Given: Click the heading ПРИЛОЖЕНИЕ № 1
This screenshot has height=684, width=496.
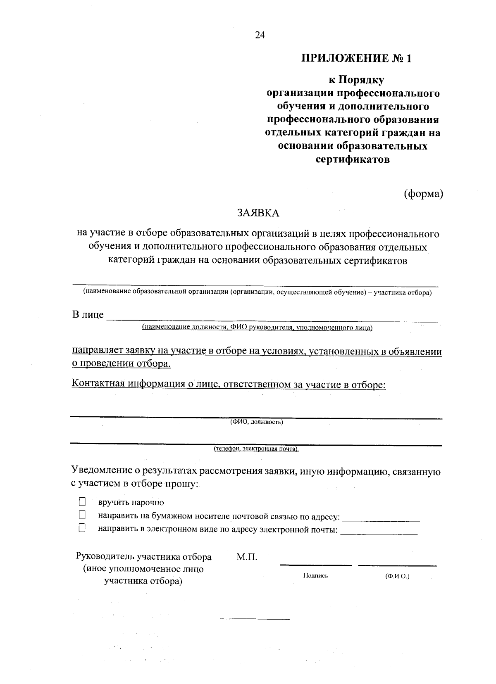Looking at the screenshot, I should pos(356,58).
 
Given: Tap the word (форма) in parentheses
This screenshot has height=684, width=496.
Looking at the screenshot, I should pos(423,193).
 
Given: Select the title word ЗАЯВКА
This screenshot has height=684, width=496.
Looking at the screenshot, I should pos(258,213).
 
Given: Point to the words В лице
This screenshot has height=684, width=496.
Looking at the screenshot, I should pos(88,315).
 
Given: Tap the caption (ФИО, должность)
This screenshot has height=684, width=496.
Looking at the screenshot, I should pos(256,423).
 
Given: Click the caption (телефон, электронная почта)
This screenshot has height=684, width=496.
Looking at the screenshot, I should pos(256,449).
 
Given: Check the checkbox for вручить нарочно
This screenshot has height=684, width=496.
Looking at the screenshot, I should pos(82,502).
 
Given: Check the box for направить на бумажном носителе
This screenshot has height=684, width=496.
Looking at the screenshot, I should pos(82,515).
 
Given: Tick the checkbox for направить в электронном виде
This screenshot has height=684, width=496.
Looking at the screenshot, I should pos(82,528).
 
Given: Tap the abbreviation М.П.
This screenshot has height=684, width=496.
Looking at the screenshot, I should pos(247,557).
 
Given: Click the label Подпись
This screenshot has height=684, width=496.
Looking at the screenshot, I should pos(315,576).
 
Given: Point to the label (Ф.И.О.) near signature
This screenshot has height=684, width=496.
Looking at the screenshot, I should pos(397,576).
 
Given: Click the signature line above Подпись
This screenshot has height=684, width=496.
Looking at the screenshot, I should pos(315,565).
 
